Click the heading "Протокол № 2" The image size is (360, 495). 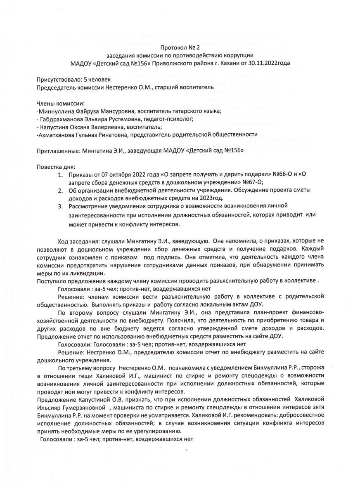point(180,47)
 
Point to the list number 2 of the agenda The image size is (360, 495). point(60,190)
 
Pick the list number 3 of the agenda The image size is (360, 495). point(60,206)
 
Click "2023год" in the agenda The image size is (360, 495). point(211,198)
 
